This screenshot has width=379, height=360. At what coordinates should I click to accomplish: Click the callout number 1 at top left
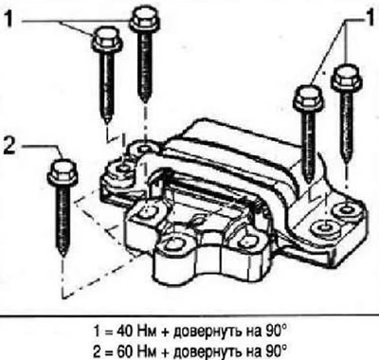pos(9,18)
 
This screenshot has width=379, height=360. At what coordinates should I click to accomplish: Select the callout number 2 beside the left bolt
pos(9,146)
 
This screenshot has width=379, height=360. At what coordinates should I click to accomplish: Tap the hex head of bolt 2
pos(63,172)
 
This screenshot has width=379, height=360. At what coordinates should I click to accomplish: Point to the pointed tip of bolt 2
pos(63,255)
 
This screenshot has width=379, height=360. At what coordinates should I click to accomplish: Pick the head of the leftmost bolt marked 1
pos(107,39)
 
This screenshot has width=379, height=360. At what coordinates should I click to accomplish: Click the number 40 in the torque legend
pos(126,332)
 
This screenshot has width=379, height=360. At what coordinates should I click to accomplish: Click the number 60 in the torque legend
pos(126,350)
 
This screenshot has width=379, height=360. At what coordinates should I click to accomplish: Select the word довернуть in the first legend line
pos(207,332)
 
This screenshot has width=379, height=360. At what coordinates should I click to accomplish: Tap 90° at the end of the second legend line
pos(275,350)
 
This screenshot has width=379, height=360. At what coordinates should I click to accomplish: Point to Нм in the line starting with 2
pos(148,350)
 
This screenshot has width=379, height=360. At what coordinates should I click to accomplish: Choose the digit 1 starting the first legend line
pos(98,332)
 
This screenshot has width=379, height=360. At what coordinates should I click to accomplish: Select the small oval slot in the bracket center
pos(198,220)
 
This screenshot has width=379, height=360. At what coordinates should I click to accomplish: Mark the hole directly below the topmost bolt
pos(145,149)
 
